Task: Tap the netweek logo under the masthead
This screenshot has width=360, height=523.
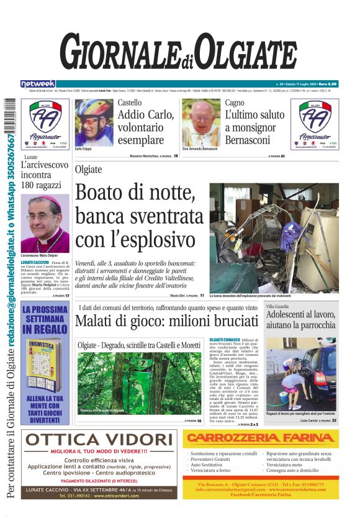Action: pos(38,84)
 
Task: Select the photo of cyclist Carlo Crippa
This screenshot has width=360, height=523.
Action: pos(94,122)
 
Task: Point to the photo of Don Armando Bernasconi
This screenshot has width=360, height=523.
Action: pos(201,122)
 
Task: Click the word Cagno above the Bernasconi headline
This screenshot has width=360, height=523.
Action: pos(235,102)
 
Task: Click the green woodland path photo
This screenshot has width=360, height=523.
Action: pos(139,383)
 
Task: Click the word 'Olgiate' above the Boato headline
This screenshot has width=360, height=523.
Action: pos(88,170)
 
